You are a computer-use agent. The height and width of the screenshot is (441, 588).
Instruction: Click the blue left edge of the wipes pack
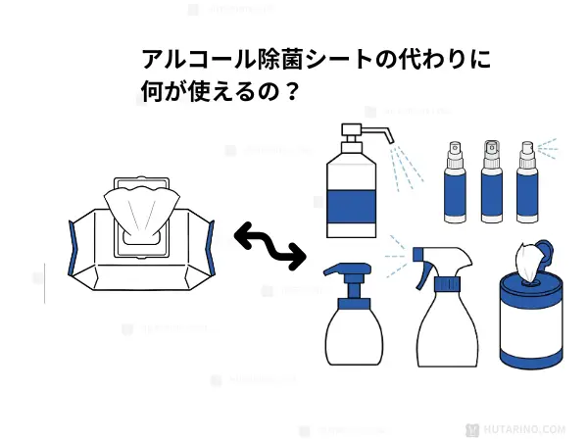tap(71, 251)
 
